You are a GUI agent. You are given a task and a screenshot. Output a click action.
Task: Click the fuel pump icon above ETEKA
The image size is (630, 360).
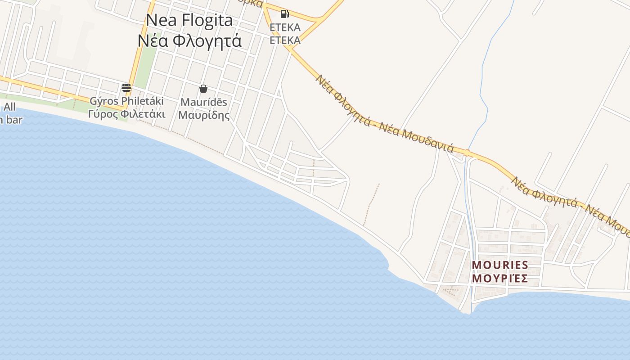(284, 14)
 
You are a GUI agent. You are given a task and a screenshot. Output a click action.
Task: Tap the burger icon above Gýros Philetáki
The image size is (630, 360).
(126, 87)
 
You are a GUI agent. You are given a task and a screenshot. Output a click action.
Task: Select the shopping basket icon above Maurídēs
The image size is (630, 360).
(203, 89)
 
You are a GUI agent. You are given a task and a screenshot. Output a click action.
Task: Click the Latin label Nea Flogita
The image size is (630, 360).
(189, 20)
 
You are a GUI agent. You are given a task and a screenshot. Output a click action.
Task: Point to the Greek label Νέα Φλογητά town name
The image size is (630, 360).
(189, 40)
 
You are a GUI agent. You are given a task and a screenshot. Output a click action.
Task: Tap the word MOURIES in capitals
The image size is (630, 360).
(500, 265)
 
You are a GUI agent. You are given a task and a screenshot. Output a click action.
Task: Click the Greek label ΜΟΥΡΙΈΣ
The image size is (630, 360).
(500, 279)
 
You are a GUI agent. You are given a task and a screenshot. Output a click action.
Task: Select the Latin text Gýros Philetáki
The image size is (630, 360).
(126, 101)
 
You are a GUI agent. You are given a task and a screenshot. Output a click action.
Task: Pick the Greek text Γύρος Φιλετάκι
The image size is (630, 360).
(126, 114)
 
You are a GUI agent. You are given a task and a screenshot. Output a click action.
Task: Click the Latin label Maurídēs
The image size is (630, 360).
(204, 102)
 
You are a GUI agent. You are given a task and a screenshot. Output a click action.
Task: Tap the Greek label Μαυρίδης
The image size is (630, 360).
(204, 115)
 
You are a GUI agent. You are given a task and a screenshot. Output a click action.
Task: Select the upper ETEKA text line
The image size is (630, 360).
(285, 27)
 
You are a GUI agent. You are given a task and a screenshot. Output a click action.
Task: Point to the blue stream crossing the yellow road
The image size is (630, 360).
(468, 150)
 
